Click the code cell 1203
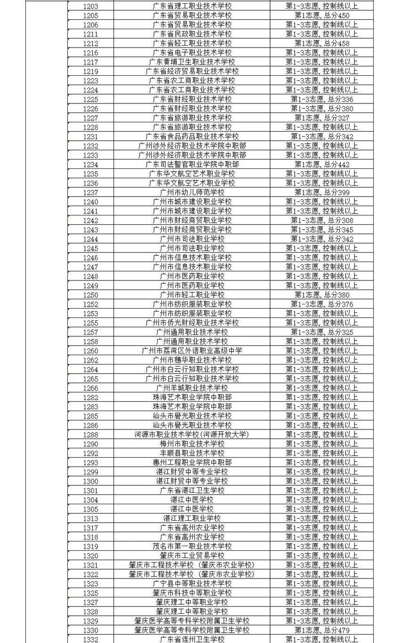90,6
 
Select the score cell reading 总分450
321,16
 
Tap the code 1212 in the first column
90,43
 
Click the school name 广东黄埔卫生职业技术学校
192,62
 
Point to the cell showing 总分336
321,99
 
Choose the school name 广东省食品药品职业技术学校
192,136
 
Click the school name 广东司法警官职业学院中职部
192,165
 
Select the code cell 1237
90,192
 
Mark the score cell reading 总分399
321,192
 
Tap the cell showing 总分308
321,220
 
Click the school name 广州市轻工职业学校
192,295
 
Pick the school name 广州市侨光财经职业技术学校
192,323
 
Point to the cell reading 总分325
321,332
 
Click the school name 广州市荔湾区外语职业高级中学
192,350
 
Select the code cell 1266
90,388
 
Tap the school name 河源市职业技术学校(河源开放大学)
192,435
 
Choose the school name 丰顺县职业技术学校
192,453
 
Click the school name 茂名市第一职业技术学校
192,546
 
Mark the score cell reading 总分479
321,630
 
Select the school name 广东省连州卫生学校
192,639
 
